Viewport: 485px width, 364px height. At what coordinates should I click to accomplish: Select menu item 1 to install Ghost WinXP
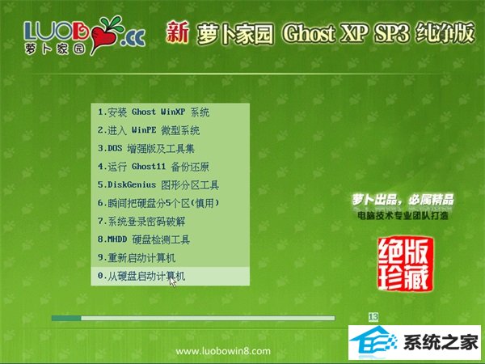154,112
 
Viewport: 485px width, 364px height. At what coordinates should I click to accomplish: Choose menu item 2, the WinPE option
149,130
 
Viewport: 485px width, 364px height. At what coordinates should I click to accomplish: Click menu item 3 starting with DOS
146,149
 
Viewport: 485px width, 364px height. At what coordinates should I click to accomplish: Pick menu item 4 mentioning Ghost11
154,167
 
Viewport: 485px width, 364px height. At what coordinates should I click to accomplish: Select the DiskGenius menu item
158,185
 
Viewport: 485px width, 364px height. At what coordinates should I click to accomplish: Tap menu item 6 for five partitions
158,203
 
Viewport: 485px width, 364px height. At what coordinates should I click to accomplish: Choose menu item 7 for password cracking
141,222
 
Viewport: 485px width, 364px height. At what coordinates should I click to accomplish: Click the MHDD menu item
144,240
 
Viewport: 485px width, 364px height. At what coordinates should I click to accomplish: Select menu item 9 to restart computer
137,258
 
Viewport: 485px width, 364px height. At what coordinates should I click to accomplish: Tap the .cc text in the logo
133,39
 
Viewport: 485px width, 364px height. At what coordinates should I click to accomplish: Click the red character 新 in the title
177,32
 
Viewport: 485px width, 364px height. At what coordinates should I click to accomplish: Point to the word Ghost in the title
309,33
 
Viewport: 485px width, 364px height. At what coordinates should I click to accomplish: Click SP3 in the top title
392,33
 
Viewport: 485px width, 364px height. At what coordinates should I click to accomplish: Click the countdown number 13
373,317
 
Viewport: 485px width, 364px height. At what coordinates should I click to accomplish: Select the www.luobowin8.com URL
223,351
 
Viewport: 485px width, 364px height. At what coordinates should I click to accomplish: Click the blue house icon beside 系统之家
373,341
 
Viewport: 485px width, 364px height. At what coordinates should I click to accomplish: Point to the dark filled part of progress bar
66,318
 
